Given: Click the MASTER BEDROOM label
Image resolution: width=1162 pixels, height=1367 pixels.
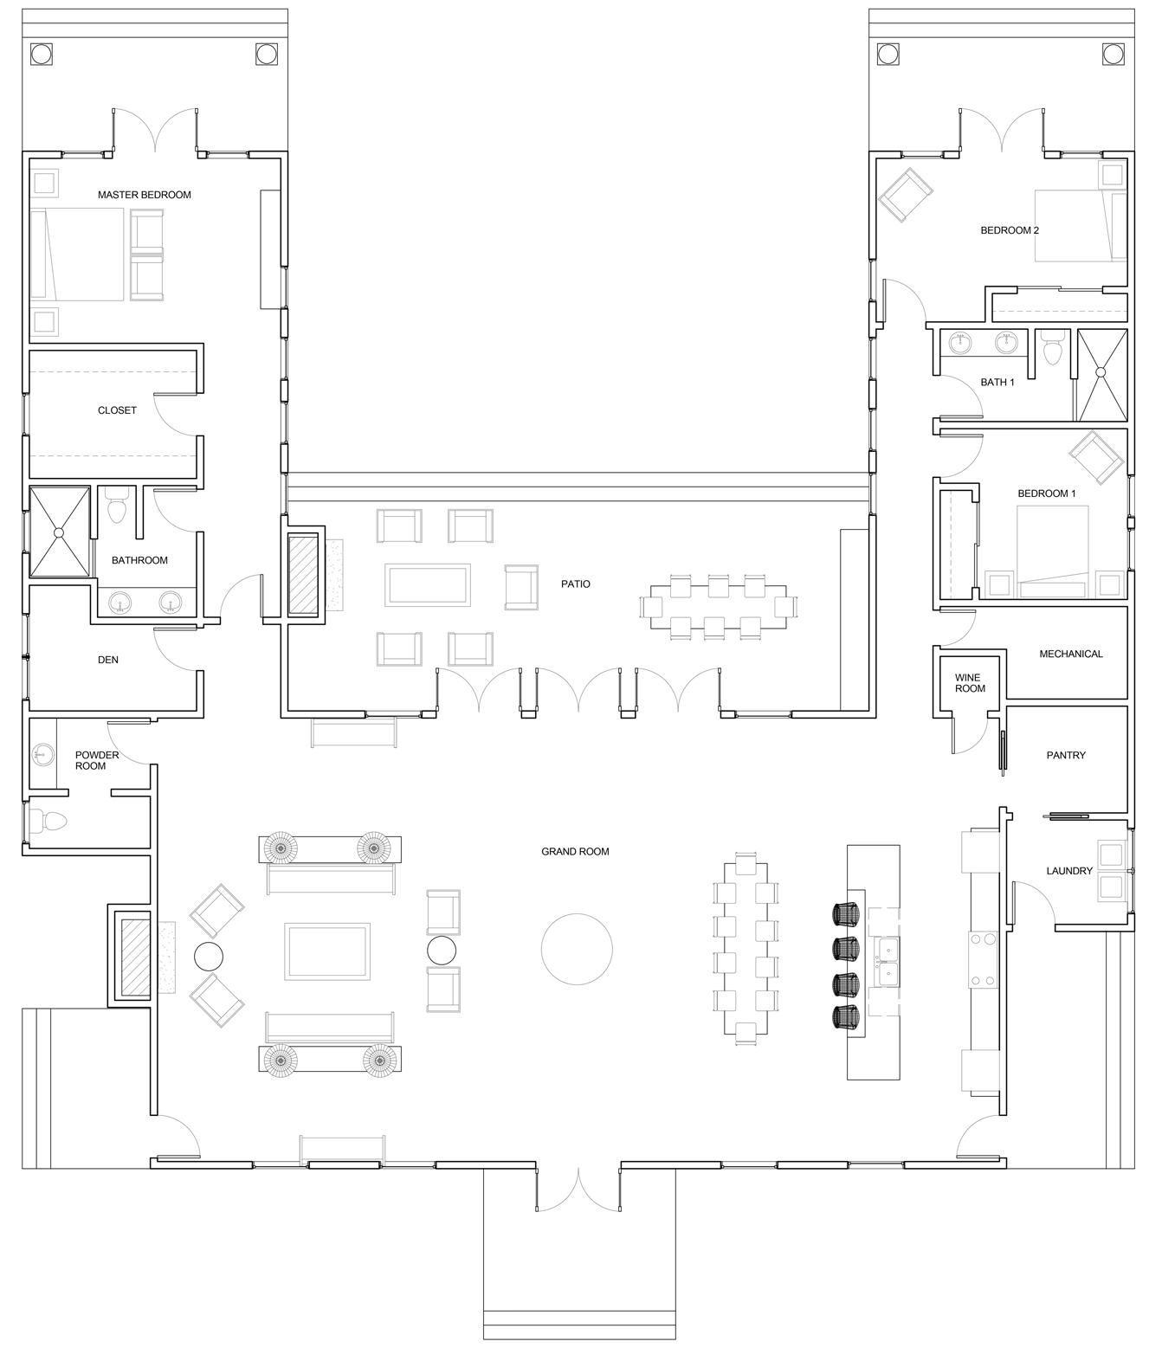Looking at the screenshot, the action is [145, 195].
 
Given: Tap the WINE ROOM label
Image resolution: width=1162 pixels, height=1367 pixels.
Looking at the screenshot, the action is [970, 683].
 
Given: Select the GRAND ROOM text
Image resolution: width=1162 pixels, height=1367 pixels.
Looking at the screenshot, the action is [576, 852].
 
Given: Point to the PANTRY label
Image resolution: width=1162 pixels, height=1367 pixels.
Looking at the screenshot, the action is [1066, 755].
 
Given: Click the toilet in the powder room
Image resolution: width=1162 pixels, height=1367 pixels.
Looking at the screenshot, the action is [49, 822].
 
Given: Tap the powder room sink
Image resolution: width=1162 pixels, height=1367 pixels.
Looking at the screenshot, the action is [43, 754].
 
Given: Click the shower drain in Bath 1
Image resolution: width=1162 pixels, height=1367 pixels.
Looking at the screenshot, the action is [1101, 373].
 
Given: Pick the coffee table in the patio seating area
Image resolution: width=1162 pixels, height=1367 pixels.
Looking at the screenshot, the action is [428, 585].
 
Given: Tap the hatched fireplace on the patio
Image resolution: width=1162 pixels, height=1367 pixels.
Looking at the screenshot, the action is [304, 574].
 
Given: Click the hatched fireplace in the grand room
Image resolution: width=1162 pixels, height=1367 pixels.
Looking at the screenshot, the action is [136, 958].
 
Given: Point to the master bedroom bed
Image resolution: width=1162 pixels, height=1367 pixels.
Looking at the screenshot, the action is [77, 255].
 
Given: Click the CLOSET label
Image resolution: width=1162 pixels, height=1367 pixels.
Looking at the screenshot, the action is [117, 410].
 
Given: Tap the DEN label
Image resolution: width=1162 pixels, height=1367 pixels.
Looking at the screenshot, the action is [107, 660].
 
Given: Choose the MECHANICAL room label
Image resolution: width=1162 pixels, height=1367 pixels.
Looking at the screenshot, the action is [1071, 654].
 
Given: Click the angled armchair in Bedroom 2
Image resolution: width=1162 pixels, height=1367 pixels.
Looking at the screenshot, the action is [906, 195].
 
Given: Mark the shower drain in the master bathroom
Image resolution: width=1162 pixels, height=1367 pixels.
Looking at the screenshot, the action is [60, 532].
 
